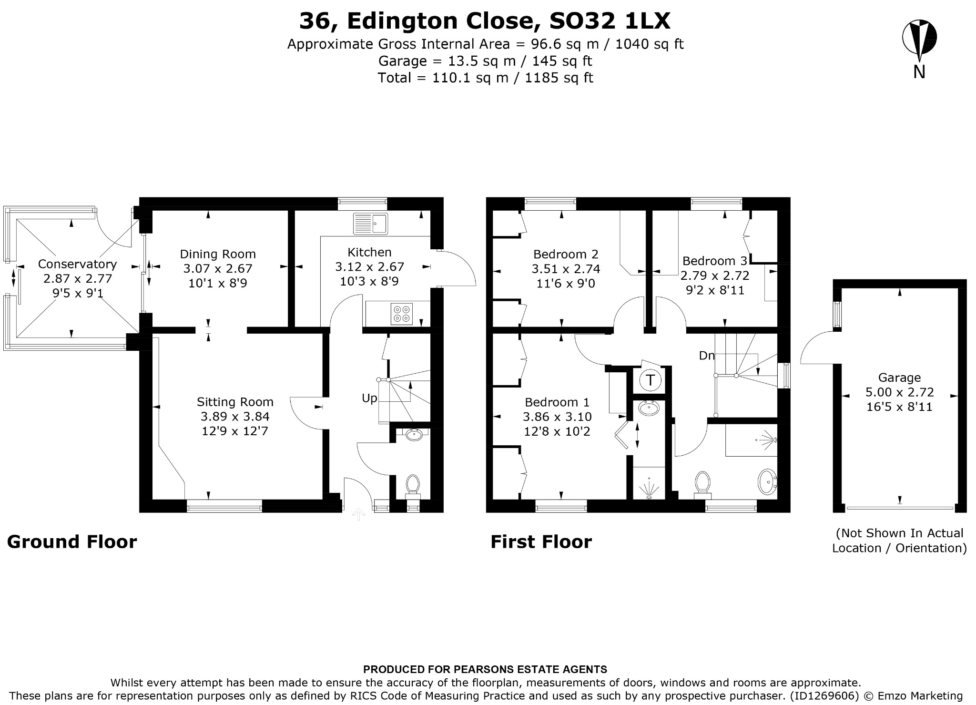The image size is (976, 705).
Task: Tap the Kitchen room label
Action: click(369, 252)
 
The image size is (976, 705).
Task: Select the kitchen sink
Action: click(371, 224)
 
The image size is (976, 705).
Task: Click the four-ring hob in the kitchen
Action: click(401, 313)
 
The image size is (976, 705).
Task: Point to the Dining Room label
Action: click(218, 254)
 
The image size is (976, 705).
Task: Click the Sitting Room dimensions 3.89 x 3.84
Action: click(235, 417)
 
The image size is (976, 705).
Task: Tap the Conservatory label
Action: click(77, 264)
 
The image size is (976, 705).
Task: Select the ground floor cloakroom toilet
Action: click(413, 486)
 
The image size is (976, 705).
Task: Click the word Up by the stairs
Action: click(369, 398)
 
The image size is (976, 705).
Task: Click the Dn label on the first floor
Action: click(707, 356)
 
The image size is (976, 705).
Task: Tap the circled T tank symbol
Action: click(650, 380)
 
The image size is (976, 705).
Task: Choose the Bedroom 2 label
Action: click(566, 254)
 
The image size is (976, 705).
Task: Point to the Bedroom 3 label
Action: click(714, 261)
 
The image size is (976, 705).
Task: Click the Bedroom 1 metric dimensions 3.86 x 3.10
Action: click(557, 417)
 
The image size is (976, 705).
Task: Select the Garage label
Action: click(899, 378)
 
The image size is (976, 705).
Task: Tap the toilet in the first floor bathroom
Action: click(702, 484)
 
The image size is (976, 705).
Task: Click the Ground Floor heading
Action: click(72, 542)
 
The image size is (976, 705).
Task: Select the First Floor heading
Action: click(541, 542)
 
